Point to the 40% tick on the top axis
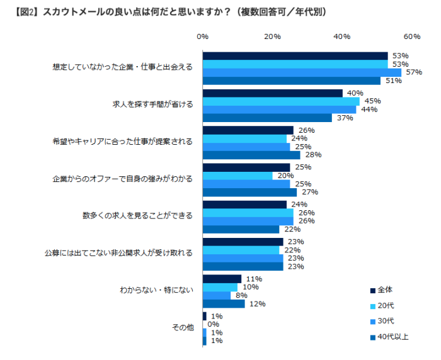pyautogui.click(x=342, y=37)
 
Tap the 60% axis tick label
pyautogui.click(x=411, y=37)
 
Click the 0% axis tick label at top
pyautogui.click(x=203, y=37)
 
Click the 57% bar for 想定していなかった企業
pyautogui.click(x=302, y=72)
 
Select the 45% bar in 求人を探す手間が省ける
pyautogui.click(x=281, y=101)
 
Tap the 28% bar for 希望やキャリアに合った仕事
pyautogui.click(x=251, y=155)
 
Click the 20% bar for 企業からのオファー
pyautogui.click(x=238, y=176)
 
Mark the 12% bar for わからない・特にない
pyautogui.click(x=224, y=304)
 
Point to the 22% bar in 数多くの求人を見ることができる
pyautogui.click(x=241, y=229)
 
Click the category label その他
pyautogui.click(x=182, y=327)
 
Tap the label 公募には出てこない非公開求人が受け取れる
pyautogui.click(x=118, y=254)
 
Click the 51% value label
pyautogui.click(x=393, y=81)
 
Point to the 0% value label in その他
pyautogui.click(x=212, y=324)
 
